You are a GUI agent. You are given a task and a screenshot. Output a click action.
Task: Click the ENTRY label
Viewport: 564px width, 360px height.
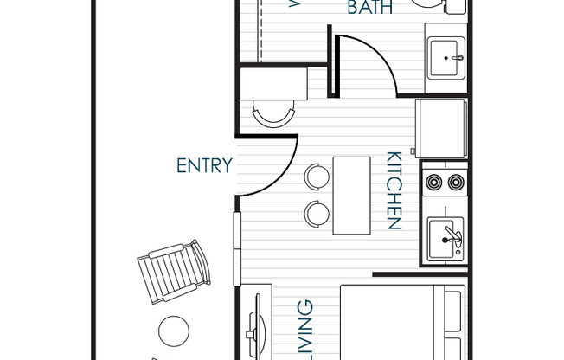(x=204, y=165)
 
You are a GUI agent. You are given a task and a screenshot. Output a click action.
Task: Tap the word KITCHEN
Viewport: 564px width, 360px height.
(x=394, y=191)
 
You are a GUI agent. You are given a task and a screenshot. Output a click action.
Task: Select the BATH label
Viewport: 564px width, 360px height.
(x=371, y=9)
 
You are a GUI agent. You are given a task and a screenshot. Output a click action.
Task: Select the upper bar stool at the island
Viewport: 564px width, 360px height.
(x=317, y=176)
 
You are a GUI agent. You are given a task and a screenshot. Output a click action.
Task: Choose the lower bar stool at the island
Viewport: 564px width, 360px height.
(x=317, y=212)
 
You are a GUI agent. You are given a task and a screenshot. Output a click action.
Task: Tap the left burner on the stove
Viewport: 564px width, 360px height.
(x=433, y=183)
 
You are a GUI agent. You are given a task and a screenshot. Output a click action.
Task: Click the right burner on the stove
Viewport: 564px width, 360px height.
(x=455, y=183)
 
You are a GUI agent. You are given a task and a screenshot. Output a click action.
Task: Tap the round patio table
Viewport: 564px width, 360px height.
(x=174, y=330)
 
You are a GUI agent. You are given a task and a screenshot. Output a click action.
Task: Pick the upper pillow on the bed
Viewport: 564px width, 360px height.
(x=453, y=305)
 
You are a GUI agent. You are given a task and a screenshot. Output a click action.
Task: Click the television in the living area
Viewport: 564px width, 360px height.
(x=257, y=327)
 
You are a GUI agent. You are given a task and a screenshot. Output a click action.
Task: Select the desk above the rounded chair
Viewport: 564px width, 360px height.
(x=275, y=84)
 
